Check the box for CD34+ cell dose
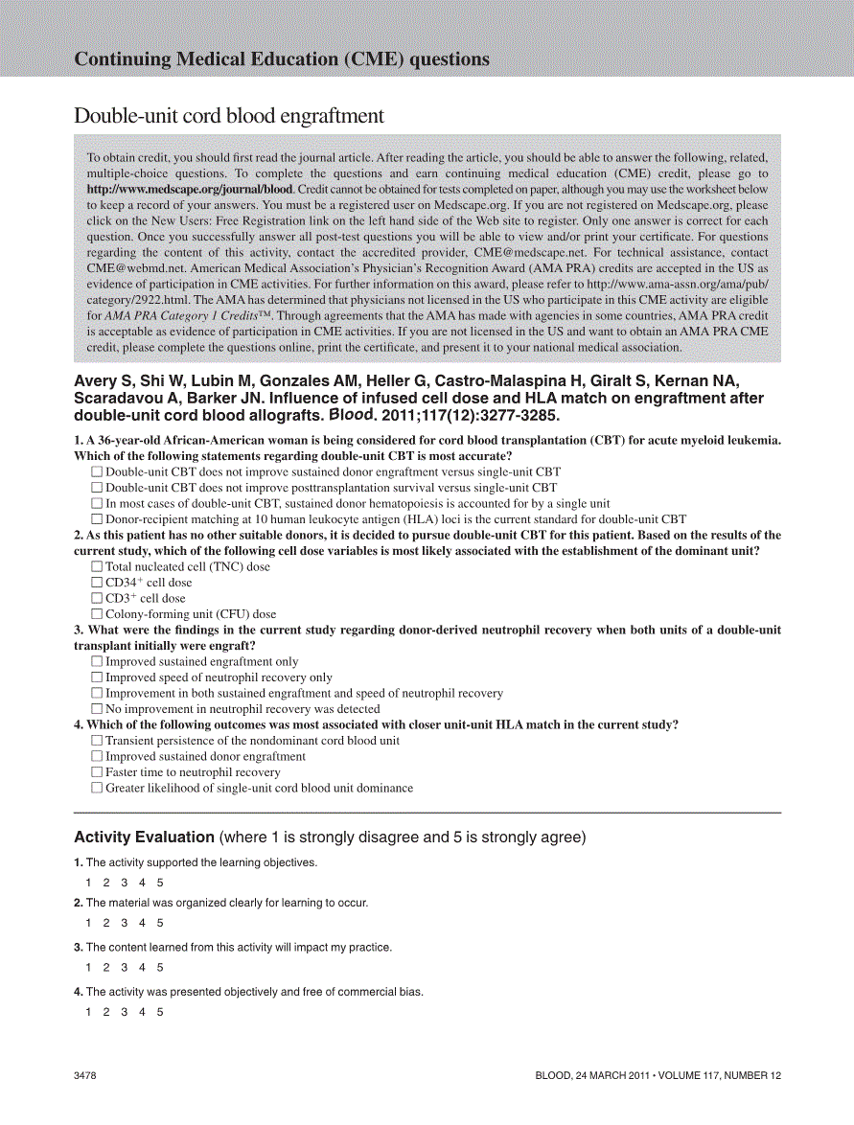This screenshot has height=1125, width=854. (x=97, y=583)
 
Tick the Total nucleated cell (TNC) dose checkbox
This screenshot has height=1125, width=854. (x=97, y=567)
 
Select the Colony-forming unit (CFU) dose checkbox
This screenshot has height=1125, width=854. (x=97, y=614)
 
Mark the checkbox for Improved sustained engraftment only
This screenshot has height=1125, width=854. (x=97, y=662)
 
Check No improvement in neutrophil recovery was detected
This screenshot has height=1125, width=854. (x=97, y=709)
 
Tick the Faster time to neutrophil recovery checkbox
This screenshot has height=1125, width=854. (x=97, y=772)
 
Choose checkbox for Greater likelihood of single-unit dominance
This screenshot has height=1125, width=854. (x=97, y=788)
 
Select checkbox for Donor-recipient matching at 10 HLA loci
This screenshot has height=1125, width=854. (x=97, y=519)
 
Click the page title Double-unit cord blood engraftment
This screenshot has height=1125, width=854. (x=229, y=116)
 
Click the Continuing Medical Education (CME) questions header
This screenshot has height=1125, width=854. (x=282, y=59)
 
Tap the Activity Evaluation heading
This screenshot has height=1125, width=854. (x=145, y=838)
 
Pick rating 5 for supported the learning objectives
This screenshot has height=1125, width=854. (x=160, y=883)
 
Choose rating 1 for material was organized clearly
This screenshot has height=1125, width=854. (x=88, y=923)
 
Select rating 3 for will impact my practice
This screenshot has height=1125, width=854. (x=124, y=968)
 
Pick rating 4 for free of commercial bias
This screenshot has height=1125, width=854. (x=142, y=1012)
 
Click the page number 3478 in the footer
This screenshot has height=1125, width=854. (x=85, y=1076)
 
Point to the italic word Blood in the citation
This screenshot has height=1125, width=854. (x=352, y=416)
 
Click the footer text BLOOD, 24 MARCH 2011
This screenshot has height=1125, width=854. (x=590, y=1076)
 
